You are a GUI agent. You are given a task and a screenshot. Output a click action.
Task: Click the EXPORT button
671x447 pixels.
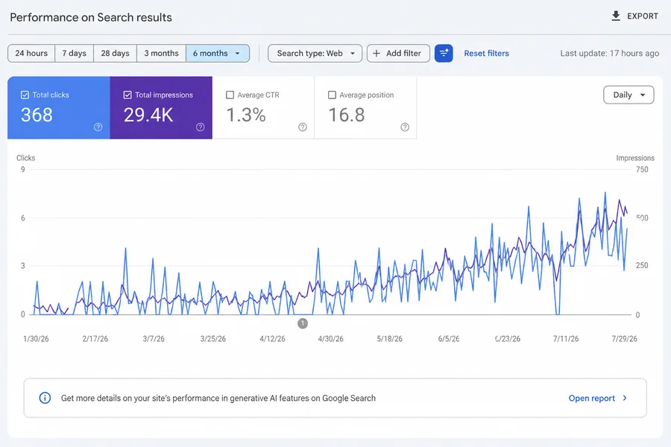pos(634,16)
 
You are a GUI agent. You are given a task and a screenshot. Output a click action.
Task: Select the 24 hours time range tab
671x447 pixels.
pos(31,54)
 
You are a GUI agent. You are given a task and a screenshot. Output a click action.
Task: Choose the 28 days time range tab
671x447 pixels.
pos(115,54)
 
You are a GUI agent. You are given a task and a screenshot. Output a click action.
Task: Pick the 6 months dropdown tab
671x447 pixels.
pos(218,54)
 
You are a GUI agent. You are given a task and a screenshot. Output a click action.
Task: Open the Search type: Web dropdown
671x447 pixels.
pos(315,54)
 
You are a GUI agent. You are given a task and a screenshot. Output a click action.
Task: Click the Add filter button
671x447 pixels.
pos(398,54)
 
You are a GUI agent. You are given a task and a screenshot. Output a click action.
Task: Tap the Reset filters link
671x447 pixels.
pos(487,54)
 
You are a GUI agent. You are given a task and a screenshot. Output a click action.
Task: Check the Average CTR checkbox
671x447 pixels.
pos(230,95)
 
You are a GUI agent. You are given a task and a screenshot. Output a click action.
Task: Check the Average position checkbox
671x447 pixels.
pos(332,95)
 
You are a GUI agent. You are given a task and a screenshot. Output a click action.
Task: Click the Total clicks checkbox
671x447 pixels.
pos(25,95)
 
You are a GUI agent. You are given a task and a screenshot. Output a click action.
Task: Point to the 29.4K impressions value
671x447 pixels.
pos(148,115)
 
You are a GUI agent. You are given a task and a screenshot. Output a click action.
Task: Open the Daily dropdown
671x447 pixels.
pos(629,95)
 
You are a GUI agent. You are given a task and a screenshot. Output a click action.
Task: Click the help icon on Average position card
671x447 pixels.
pos(405,127)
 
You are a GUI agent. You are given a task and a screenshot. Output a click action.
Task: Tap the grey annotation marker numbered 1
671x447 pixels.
pos(303,323)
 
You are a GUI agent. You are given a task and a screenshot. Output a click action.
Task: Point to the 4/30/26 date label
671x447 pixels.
pos(330,339)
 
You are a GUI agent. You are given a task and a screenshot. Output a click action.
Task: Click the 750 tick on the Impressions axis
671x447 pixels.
pos(642,169)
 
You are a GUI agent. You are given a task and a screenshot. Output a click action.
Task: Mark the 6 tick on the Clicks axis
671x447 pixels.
pos(23,218)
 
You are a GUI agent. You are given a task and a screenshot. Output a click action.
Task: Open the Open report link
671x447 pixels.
pos(598,399)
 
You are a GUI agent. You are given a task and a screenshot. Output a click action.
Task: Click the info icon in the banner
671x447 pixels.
pos(45,399)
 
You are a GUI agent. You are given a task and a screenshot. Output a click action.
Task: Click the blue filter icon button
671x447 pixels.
pos(444,54)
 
